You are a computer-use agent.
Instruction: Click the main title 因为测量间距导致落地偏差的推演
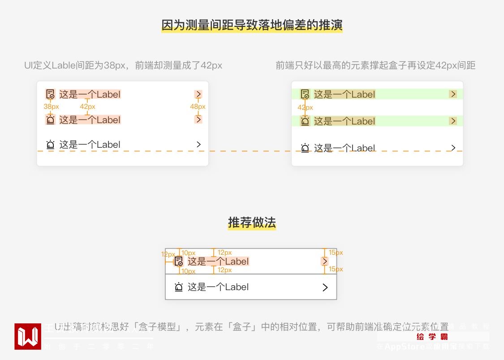coord(252,25)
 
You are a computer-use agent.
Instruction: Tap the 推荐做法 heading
coord(252,223)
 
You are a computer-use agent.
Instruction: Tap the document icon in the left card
coord(50,94)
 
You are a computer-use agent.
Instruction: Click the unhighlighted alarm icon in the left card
coord(50,145)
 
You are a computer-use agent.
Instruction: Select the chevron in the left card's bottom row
coord(198,144)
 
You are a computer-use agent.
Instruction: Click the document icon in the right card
coord(305,94)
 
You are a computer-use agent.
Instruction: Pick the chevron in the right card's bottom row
coord(453,148)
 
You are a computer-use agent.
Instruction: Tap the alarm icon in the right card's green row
coord(305,121)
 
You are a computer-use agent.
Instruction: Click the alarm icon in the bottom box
coord(179,287)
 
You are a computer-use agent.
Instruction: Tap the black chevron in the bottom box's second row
coord(325,287)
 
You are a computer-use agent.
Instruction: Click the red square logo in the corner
coord(28,336)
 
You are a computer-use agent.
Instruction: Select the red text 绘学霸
coord(432,337)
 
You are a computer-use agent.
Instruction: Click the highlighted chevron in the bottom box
coord(325,261)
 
